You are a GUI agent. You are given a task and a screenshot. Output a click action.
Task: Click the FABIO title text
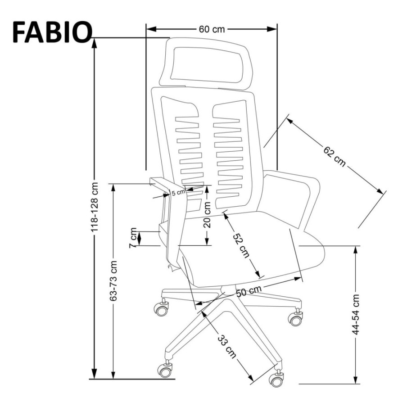52,32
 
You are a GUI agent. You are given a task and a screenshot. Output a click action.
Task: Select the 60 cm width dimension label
212,29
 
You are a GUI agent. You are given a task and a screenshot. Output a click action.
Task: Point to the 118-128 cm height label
95,207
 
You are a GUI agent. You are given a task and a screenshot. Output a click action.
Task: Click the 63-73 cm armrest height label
113,281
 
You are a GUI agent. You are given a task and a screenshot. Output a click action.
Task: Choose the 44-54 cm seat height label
356,314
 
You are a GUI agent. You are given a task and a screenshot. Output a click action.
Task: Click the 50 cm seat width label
249,291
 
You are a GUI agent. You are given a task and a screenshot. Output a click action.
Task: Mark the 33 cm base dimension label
226,347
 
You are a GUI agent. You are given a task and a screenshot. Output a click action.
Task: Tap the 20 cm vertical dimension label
207,215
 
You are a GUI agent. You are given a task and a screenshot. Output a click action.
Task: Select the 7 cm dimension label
133,238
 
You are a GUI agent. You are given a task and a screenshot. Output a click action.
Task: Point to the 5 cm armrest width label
178,192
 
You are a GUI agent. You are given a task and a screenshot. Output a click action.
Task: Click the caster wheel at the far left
161,309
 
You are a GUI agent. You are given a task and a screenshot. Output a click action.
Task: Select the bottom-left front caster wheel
165,370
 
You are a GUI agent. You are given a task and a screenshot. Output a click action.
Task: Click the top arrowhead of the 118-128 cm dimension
95,43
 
